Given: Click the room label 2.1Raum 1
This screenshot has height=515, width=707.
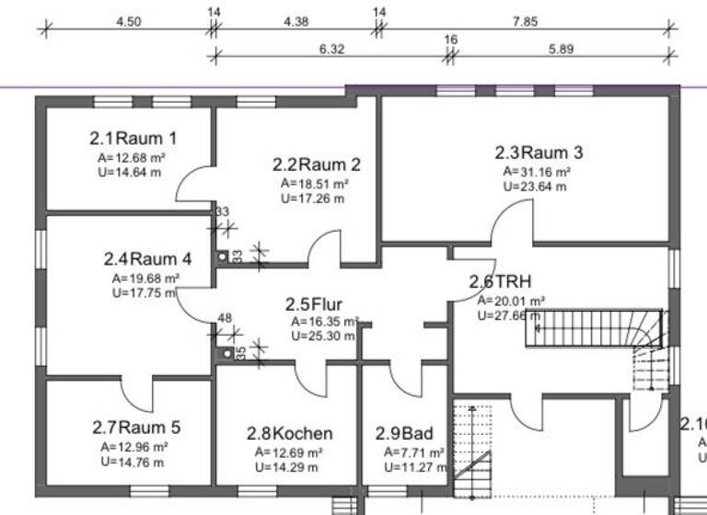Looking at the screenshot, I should [133, 139].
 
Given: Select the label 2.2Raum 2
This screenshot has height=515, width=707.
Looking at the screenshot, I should [316, 166].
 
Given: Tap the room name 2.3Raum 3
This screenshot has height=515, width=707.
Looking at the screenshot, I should [539, 153].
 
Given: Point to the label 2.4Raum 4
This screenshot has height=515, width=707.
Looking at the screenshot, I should [147, 258].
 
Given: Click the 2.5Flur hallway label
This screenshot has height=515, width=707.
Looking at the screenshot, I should [313, 304].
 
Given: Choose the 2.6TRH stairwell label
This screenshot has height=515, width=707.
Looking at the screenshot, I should [501, 281].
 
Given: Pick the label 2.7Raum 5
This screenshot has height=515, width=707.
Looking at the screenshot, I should [136, 428].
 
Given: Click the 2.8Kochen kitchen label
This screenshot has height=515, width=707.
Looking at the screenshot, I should [289, 433].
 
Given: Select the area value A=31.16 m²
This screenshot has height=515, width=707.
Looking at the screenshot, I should [537, 172].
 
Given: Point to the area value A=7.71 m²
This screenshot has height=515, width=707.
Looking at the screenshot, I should [414, 453].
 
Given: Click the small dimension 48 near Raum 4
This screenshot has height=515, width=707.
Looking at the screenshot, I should [224, 318].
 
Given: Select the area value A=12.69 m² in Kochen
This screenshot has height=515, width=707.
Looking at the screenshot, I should [288, 453].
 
